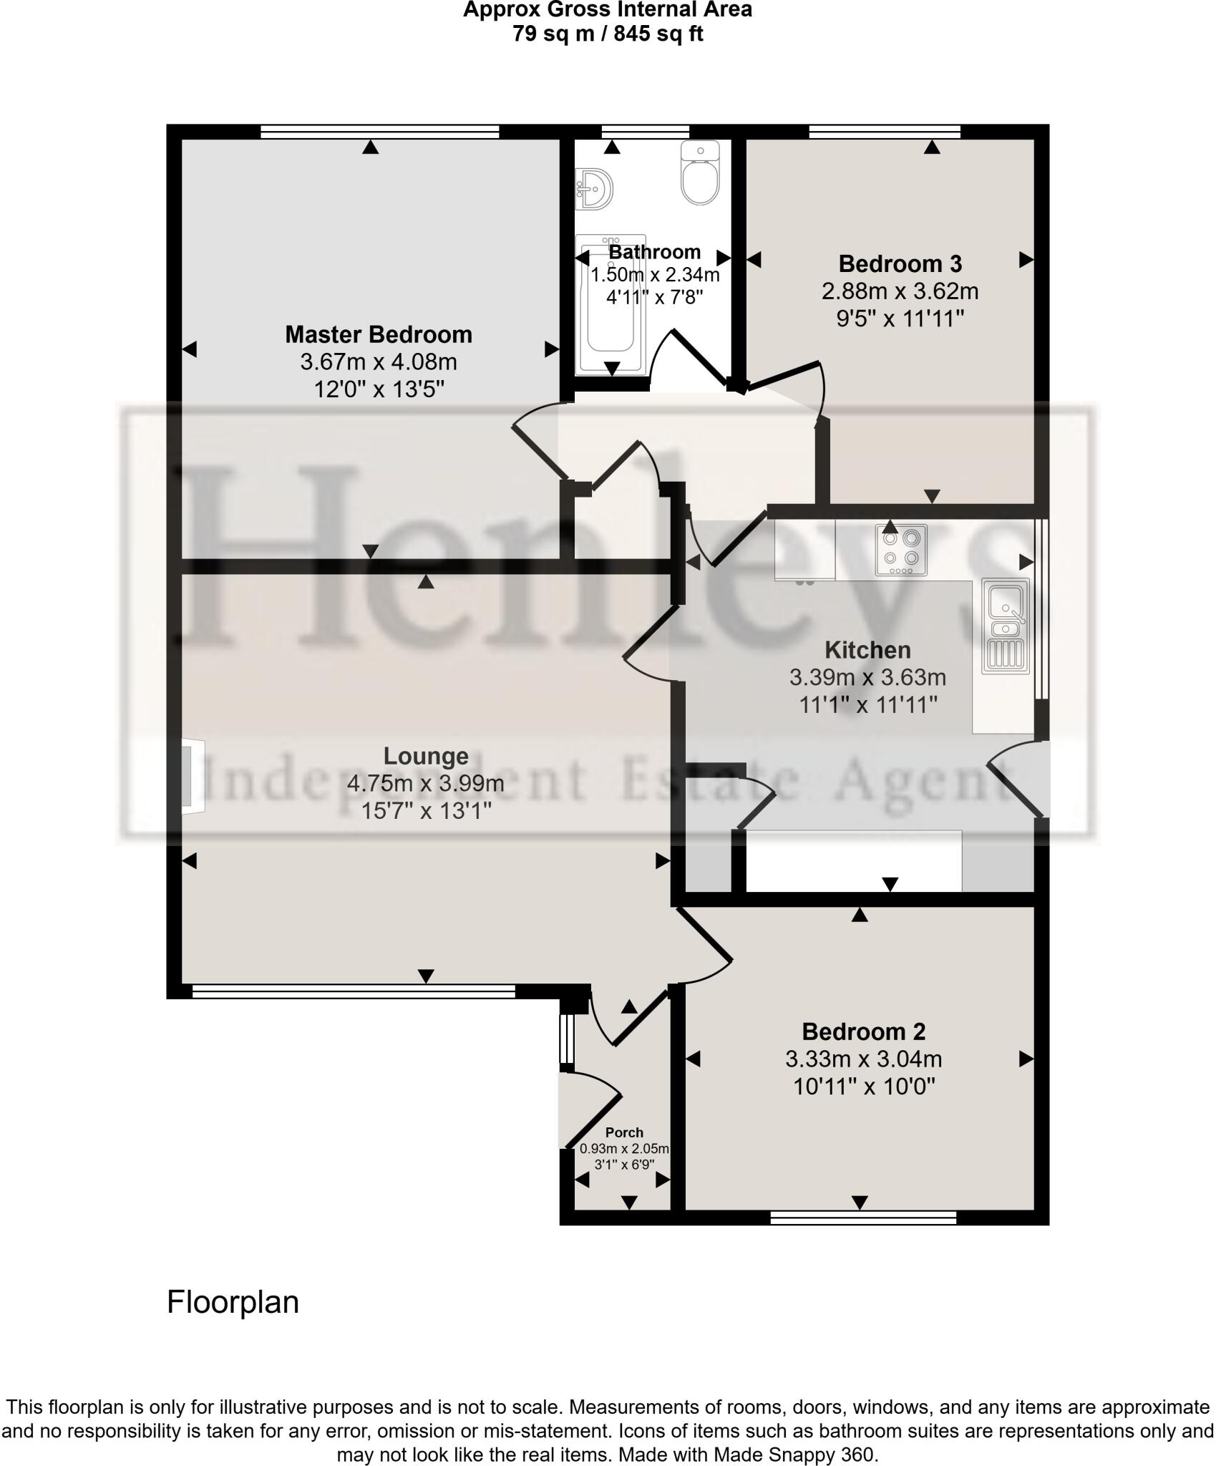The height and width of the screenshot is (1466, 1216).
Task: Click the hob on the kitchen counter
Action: (x=901, y=550)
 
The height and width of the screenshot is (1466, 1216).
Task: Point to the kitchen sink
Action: (x=1006, y=626)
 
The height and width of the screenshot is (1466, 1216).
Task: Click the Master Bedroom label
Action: (x=379, y=334)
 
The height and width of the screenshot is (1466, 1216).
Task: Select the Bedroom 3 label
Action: (x=900, y=264)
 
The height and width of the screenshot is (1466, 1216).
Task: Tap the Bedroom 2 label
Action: (x=863, y=1031)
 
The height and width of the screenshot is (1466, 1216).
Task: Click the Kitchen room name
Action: (x=867, y=650)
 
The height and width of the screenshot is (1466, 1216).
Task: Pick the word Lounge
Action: (x=426, y=756)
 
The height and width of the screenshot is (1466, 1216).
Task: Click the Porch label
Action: (x=624, y=1132)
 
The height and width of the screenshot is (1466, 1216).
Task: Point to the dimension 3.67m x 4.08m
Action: (x=379, y=362)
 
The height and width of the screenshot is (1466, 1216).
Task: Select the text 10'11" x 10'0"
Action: (x=864, y=1087)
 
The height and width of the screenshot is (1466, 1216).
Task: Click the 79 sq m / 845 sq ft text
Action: (x=608, y=34)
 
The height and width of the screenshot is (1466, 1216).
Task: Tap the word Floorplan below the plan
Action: (x=233, y=1302)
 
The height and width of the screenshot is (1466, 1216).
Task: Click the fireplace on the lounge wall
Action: (x=190, y=777)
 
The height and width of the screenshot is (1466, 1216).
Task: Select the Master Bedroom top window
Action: (x=379, y=131)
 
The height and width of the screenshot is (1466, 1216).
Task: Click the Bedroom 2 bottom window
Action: (x=863, y=1218)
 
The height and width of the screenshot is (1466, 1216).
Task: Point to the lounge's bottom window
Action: (x=354, y=991)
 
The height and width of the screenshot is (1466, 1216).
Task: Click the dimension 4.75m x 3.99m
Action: (x=426, y=784)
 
